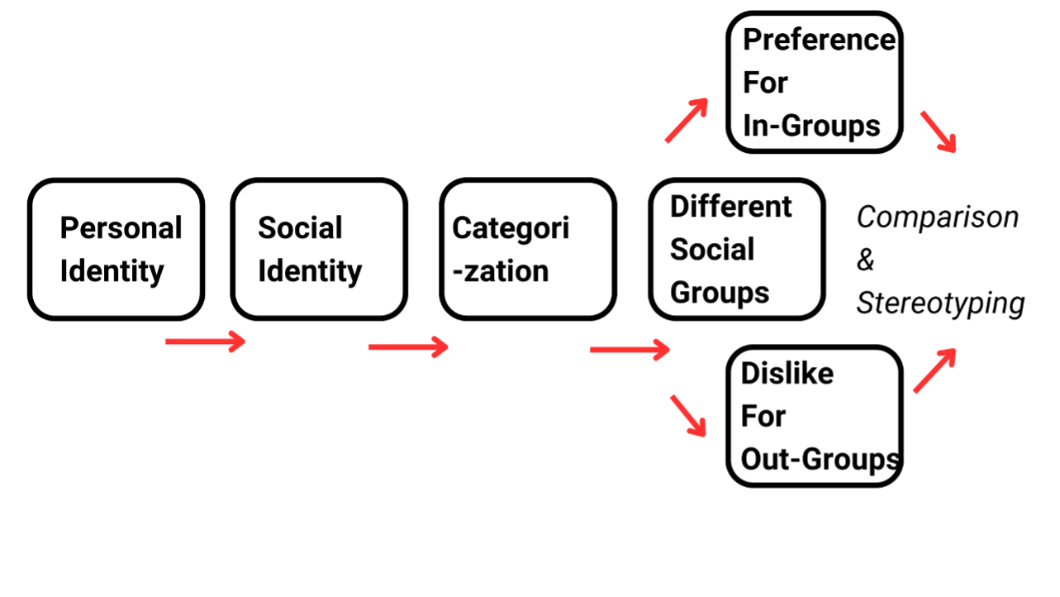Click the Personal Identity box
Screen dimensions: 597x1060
coord(116,249)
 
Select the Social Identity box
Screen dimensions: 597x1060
coord(319,249)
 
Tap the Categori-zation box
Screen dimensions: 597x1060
coord(528,249)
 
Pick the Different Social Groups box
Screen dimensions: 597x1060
coord(737,249)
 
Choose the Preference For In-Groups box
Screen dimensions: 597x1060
coord(815,83)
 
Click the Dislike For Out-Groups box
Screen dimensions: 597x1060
coord(815,416)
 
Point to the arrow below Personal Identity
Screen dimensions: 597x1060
coord(206,341)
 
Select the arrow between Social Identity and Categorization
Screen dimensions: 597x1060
coord(408,346)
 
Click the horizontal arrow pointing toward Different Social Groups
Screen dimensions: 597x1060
coord(630,350)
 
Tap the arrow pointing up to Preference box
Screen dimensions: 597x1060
coord(687,120)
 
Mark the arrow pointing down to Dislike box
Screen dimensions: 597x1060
coord(689,415)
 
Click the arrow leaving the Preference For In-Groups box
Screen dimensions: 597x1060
coord(939,131)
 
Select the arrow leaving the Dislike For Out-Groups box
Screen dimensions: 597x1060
coord(934,370)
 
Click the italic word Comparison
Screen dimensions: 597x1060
coord(938,217)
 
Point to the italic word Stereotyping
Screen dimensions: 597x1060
coord(940,303)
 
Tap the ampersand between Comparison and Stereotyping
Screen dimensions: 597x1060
coord(865,260)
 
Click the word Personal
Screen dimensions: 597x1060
coord(121,228)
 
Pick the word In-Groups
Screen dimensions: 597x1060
coord(812,126)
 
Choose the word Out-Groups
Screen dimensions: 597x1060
coord(820,459)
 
